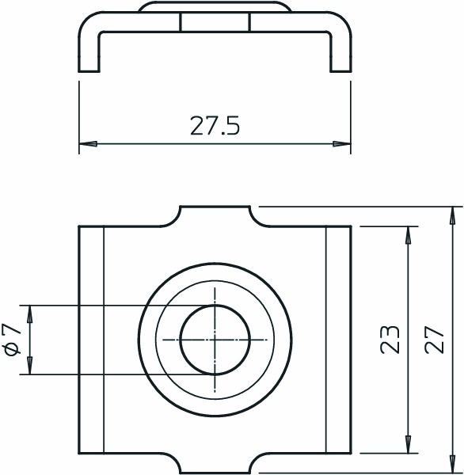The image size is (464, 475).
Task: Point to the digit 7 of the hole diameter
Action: coord(11,329)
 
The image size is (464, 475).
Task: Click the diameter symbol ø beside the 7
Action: coord(11,349)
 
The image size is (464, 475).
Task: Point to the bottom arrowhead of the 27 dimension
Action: coord(454,466)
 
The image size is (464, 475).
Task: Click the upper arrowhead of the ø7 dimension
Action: coord(29,313)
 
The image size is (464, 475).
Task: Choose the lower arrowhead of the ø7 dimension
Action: coord(29,365)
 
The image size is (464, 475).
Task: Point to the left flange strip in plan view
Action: coord(91,340)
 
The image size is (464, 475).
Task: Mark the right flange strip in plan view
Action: coord(339,340)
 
